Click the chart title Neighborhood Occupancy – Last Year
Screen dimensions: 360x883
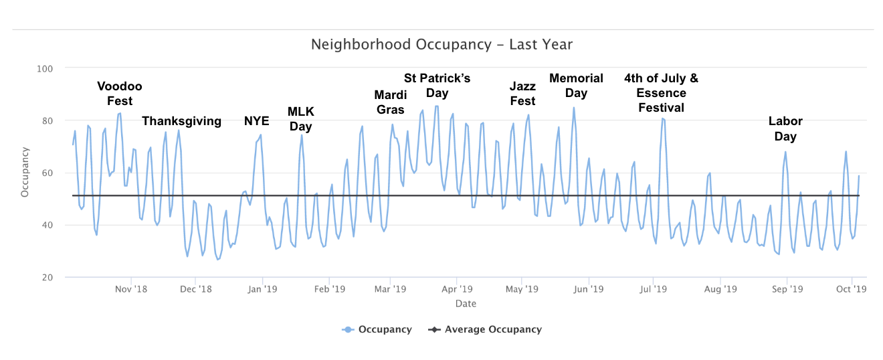[441, 45]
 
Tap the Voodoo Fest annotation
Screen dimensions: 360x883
[120, 94]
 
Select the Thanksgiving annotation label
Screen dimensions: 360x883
[181, 121]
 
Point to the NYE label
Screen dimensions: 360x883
[256, 121]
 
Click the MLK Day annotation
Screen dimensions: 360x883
[301, 118]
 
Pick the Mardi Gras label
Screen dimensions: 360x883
[390, 102]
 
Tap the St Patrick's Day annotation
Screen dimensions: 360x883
[437, 86]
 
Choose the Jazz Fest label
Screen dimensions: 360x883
[522, 94]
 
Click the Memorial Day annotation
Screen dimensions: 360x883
[576, 86]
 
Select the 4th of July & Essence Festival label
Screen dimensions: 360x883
[661, 93]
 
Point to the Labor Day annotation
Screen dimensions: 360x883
[785, 128]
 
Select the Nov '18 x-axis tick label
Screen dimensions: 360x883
[131, 290]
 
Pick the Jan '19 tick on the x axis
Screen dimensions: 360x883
[262, 290]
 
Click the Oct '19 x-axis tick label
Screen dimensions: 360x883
[852, 290]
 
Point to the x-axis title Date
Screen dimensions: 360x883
[466, 304]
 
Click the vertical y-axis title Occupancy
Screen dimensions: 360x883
[25, 172]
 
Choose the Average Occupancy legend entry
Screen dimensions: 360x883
[492, 329]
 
